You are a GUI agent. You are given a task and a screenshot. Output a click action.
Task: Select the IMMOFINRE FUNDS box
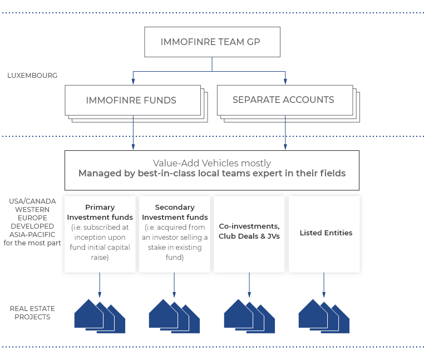pos(131,101)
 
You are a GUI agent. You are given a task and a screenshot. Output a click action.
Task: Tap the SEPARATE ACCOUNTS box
pos(283,100)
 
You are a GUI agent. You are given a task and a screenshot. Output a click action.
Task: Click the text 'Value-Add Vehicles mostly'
pos(211,163)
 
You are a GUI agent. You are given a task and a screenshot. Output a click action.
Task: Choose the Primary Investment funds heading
pos(100,212)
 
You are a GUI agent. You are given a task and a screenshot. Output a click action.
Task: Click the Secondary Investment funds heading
pos(175,212)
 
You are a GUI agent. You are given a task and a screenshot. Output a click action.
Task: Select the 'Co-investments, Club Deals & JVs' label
pos(249,231)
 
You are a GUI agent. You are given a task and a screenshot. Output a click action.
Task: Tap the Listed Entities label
pos(326,233)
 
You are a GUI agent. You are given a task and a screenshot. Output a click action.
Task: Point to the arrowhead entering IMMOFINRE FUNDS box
pos(132,82)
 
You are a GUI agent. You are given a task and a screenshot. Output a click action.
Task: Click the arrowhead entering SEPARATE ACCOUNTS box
pos(285,82)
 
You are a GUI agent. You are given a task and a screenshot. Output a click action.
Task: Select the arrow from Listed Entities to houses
pos(324,285)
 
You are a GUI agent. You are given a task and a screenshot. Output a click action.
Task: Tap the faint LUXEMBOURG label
pos(33,75)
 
